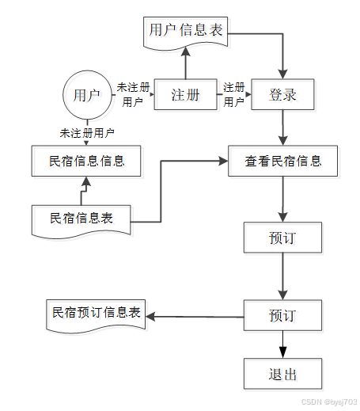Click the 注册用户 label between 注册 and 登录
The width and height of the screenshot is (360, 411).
click(x=234, y=94)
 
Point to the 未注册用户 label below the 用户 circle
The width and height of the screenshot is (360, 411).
click(x=87, y=133)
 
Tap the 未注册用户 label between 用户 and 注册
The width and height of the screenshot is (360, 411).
click(x=133, y=94)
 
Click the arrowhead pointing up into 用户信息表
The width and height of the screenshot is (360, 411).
click(x=186, y=51)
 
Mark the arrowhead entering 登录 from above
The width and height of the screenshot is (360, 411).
click(x=282, y=74)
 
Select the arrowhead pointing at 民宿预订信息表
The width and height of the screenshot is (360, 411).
click(x=150, y=316)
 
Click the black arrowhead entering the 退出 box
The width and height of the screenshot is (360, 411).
click(x=282, y=352)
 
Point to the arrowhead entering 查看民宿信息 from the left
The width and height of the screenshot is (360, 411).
click(x=223, y=161)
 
